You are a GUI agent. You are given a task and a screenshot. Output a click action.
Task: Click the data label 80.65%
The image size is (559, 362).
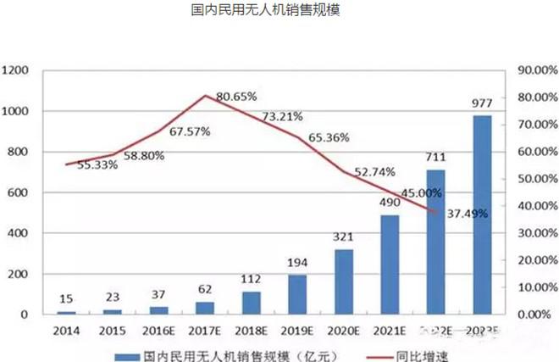pyautogui.click(x=236, y=97)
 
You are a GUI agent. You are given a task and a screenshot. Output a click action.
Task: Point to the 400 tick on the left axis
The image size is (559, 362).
pyautogui.click(x=19, y=233)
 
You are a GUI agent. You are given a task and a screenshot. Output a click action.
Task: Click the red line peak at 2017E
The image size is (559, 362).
pyautogui.click(x=206, y=95)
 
